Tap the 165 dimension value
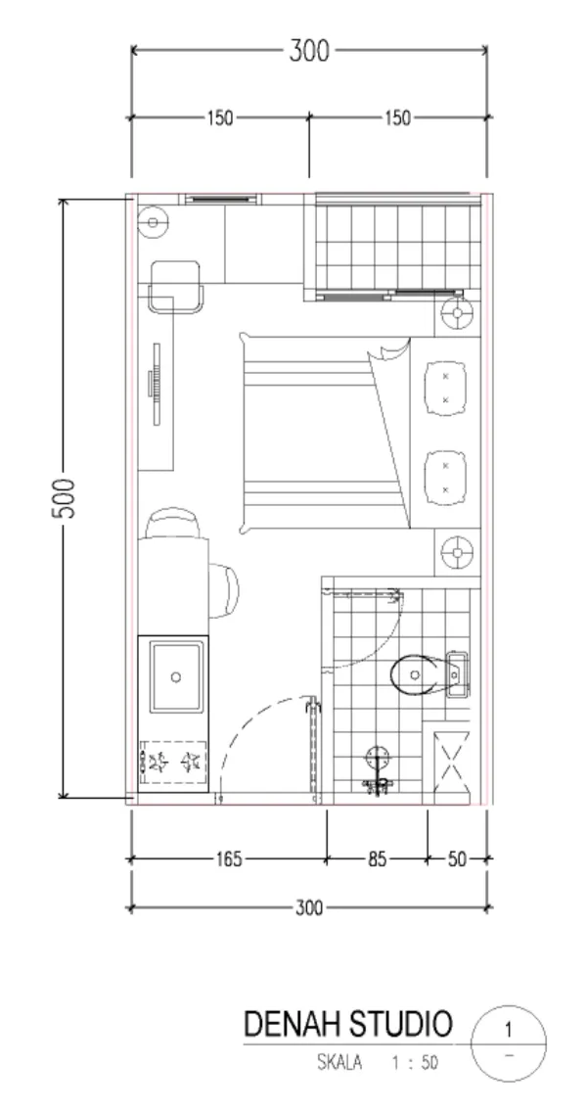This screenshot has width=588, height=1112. tap(228, 859)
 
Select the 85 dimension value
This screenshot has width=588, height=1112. tap(377, 859)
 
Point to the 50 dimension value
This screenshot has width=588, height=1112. tap(458, 859)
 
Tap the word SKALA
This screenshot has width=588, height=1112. tap(339, 1063)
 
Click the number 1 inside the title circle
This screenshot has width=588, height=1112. tap(508, 1030)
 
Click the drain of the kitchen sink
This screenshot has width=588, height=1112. tap(176, 677)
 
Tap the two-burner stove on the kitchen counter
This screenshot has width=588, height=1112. tap(173, 763)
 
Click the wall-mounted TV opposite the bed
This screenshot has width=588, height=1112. tap(156, 384)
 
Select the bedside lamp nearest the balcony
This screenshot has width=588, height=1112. tap(457, 313)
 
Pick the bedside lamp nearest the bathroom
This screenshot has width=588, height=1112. tap(457, 552)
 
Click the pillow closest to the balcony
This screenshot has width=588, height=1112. tap(445, 388)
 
